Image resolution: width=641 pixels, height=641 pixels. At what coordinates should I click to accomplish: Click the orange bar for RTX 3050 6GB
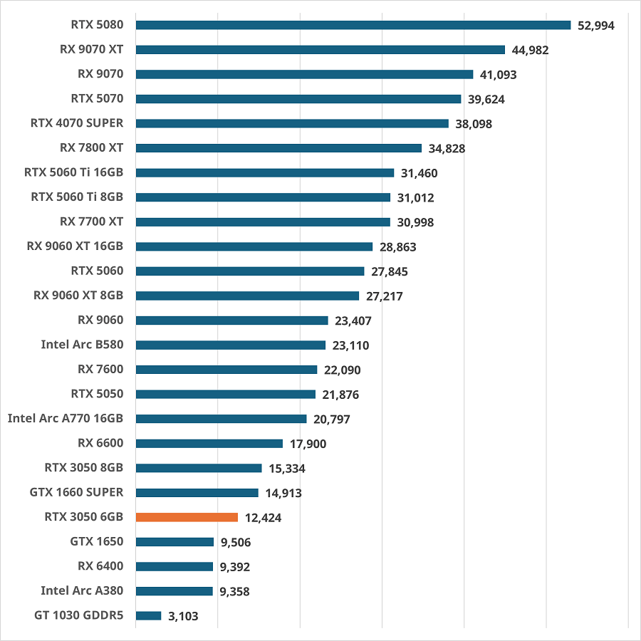[187, 517]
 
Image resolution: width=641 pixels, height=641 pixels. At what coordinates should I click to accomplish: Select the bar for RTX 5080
[353, 25]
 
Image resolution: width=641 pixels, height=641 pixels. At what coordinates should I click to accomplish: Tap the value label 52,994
[596, 26]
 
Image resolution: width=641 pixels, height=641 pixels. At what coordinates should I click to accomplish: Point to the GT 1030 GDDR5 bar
[148, 615]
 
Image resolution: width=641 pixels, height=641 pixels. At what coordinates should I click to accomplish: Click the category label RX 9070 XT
[92, 49]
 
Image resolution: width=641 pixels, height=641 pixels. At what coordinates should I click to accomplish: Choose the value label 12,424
[263, 518]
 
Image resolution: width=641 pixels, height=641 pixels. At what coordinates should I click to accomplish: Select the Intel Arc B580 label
[82, 345]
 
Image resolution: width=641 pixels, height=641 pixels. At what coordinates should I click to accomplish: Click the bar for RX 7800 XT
[278, 148]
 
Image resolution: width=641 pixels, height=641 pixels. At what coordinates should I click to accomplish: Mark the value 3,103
[183, 616]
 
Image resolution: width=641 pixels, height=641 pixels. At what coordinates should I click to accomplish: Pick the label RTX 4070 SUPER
[77, 123]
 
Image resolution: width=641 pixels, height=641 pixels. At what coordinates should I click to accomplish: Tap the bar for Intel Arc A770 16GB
[221, 419]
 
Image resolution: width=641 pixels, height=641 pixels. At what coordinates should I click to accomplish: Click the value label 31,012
[415, 198]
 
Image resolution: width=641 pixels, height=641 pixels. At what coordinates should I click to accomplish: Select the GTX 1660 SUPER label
[77, 492]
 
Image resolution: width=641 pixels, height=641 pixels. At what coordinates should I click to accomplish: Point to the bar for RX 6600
[209, 443]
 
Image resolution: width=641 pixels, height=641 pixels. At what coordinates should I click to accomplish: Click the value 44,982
[530, 50]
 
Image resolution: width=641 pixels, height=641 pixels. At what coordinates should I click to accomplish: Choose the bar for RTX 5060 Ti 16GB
[265, 172]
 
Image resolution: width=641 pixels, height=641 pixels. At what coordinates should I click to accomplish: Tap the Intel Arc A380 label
[82, 590]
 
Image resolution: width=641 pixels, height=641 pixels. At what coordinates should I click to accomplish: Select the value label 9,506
[236, 543]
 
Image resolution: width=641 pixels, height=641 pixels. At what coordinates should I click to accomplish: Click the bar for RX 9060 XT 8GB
[247, 296]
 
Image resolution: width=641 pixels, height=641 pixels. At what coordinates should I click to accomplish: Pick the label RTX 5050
[98, 394]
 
